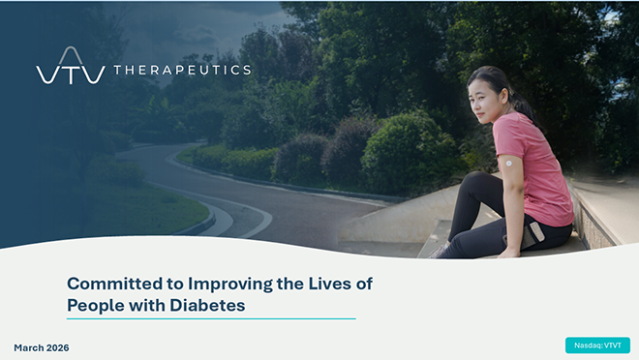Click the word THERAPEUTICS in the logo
point(182,70)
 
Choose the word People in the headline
point(92,305)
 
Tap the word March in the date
point(28,347)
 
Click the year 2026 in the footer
point(57,347)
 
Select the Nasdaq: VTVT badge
point(597,345)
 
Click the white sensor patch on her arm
point(506,165)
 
